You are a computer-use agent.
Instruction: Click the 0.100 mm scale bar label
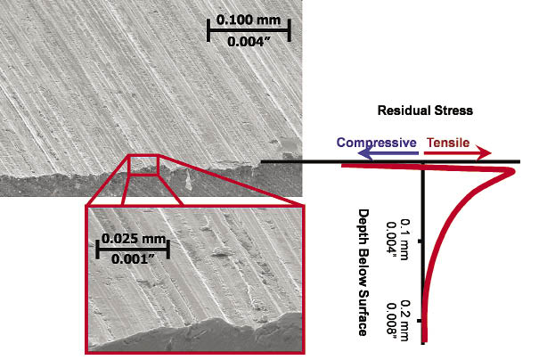(x=249, y=20)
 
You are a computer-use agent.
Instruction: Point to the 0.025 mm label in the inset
(x=134, y=238)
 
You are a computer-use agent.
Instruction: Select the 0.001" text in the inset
(x=134, y=259)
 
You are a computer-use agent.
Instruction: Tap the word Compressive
(x=376, y=143)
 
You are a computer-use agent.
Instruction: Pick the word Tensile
(x=448, y=143)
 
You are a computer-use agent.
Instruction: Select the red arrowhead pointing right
(x=484, y=153)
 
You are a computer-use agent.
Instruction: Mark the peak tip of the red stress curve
(x=514, y=171)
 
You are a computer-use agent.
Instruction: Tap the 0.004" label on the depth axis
(x=392, y=241)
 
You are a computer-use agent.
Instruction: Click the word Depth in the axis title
(x=363, y=225)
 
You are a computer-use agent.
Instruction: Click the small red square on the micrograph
(x=143, y=166)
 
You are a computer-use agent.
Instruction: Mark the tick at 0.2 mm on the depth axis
(x=420, y=321)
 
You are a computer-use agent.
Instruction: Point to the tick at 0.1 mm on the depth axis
(x=420, y=241)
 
